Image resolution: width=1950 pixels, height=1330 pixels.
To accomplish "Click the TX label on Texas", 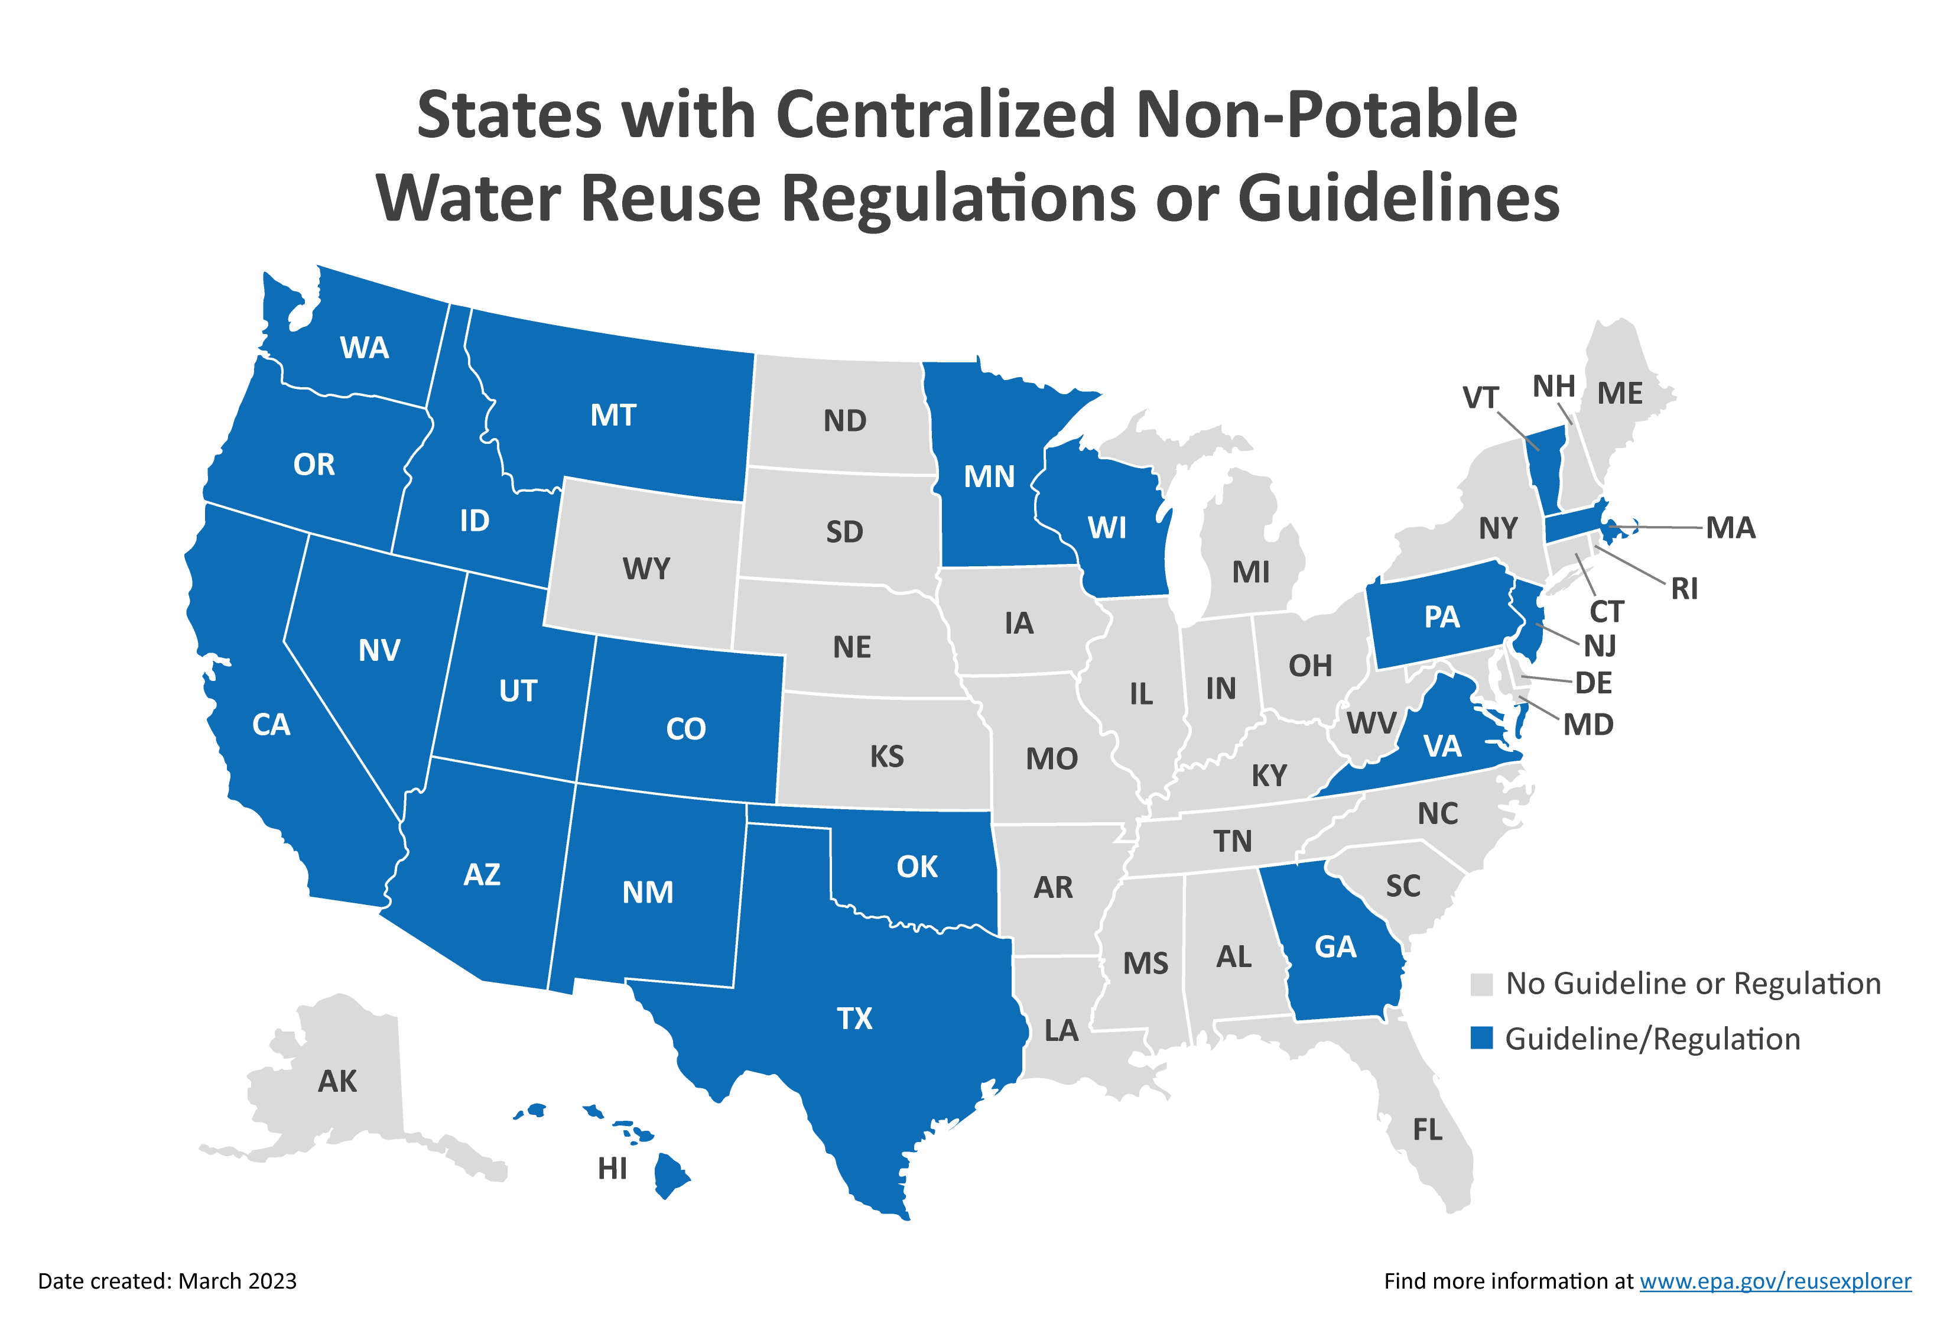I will click(854, 1018).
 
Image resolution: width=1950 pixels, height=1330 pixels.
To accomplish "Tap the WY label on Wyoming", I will click(646, 569).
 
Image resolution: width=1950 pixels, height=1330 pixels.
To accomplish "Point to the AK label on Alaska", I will click(337, 1082).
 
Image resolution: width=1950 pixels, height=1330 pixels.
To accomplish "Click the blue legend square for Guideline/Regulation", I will click(1482, 1038).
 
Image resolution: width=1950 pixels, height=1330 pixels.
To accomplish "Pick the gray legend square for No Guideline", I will click(1482, 984).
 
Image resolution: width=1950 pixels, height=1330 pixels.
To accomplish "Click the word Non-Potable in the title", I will click(1326, 115).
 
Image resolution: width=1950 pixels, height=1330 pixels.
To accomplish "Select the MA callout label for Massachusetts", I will click(1730, 528).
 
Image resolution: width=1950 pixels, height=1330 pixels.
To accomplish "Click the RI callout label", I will click(1684, 589).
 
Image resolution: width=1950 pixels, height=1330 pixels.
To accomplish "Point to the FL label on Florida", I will click(1427, 1130).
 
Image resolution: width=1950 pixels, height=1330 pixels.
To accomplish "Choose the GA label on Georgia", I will click(1335, 946).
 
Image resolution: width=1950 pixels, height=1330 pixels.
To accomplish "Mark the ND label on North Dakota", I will click(844, 420).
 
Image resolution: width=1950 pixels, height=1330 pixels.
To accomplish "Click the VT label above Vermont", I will click(1480, 398).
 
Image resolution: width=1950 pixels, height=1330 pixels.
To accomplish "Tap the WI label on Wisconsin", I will click(1107, 528).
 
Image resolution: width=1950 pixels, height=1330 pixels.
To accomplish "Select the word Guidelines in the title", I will click(1398, 200).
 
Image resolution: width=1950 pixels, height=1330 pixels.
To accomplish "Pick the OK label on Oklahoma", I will click(916, 867).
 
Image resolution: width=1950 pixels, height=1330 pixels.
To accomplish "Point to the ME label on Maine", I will click(1620, 394).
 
